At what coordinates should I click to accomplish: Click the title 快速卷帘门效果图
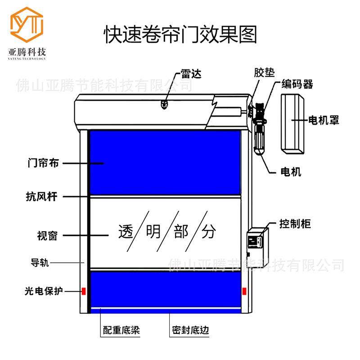click(180, 34)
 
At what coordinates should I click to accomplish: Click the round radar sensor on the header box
click(164, 105)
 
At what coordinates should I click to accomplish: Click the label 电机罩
click(323, 120)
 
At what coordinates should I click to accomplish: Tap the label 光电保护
click(43, 291)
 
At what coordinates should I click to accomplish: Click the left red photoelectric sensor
click(83, 291)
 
